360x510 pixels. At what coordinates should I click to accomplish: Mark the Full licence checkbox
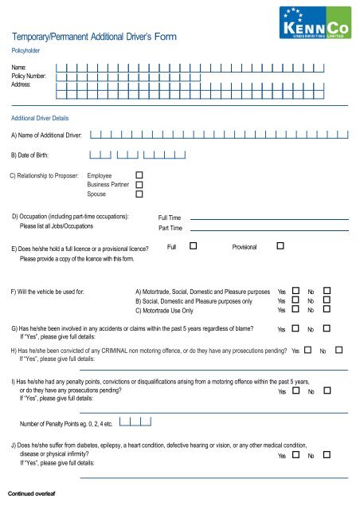(194, 247)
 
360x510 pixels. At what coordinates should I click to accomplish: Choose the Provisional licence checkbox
(280, 247)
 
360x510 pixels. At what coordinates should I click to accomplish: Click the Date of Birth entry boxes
(137, 155)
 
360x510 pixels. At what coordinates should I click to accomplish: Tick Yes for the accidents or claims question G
(296, 328)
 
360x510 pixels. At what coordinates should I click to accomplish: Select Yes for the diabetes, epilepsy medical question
(296, 456)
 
